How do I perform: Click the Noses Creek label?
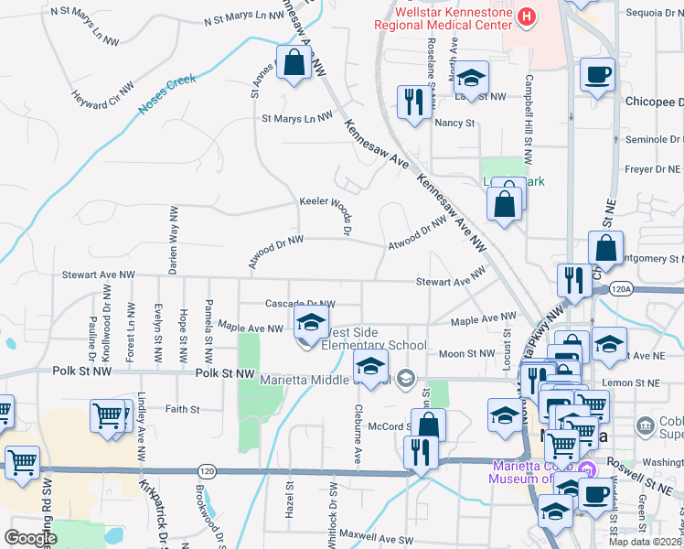pos(167,94)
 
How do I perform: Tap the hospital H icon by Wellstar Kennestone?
pos(527,16)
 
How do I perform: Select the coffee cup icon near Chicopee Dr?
pos(597,75)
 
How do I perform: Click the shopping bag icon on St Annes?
pos(294,64)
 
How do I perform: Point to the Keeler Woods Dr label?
pos(325,201)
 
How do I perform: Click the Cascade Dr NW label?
pos(300,304)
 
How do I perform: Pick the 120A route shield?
pos(620,289)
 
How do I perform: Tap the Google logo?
pos(29,538)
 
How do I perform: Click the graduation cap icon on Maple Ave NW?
pos(311,321)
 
